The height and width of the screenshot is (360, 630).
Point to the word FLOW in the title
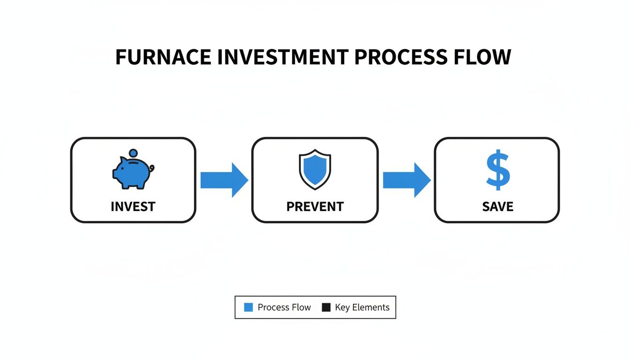[x=485, y=57]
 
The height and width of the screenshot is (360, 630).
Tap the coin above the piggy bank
[x=133, y=153]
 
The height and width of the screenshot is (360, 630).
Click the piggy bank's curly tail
[x=151, y=168]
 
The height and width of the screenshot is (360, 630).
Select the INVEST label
[x=133, y=206]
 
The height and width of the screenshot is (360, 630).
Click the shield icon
[x=315, y=169]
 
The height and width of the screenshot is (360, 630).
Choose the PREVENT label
[x=315, y=206]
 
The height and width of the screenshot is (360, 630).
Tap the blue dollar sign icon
[x=497, y=170]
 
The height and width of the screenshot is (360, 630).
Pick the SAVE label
[x=497, y=206]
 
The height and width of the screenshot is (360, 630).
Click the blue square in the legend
[x=248, y=307]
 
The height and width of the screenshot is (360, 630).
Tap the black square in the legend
[x=326, y=307]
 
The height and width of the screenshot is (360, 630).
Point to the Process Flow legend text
[x=284, y=307]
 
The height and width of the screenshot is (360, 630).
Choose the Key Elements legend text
[x=362, y=307]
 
